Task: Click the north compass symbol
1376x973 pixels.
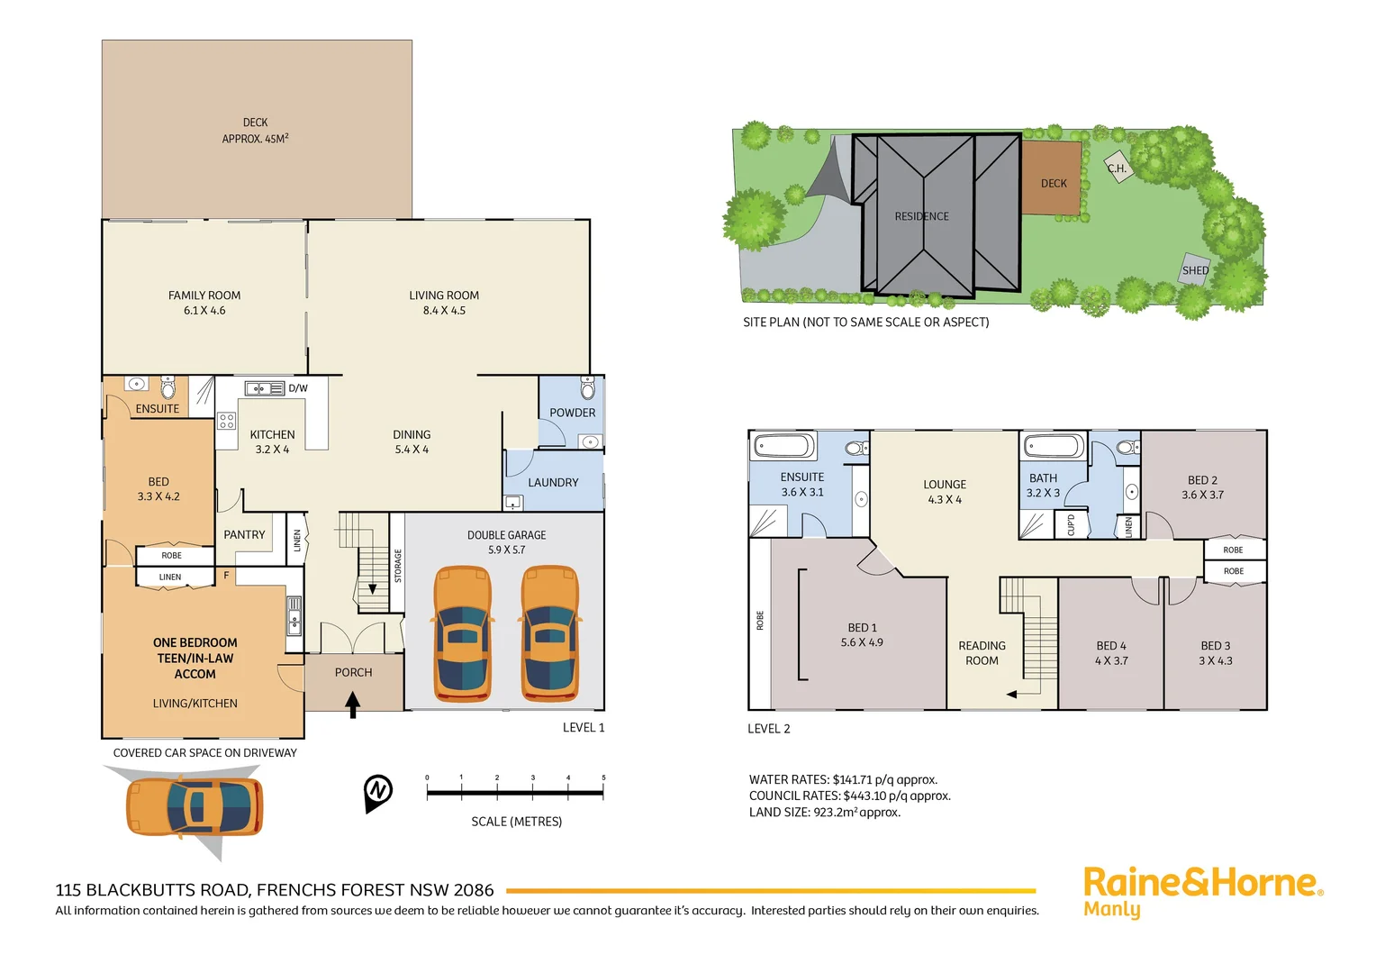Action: pyautogui.click(x=378, y=791)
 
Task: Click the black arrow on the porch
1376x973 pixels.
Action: pyautogui.click(x=353, y=704)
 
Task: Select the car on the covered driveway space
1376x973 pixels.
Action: pyautogui.click(x=195, y=806)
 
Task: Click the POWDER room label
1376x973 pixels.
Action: pyautogui.click(x=572, y=413)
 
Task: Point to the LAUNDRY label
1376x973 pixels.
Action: pyautogui.click(x=553, y=483)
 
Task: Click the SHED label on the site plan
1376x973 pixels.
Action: pyautogui.click(x=1195, y=270)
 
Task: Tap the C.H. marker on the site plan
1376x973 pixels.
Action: pyautogui.click(x=1117, y=168)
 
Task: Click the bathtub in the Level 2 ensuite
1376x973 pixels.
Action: pyautogui.click(x=784, y=446)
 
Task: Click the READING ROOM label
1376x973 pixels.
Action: pyautogui.click(x=982, y=653)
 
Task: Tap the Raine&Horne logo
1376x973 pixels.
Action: pyautogui.click(x=1202, y=890)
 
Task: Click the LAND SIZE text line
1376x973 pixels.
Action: pyautogui.click(x=824, y=813)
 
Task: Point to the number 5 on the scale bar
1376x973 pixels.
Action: pyautogui.click(x=603, y=777)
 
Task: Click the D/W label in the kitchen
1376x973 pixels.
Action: pyautogui.click(x=298, y=388)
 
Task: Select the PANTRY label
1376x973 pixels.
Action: pyautogui.click(x=244, y=534)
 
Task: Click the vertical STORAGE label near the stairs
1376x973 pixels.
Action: pyautogui.click(x=397, y=566)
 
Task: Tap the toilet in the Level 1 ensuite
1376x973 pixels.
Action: pyautogui.click(x=167, y=387)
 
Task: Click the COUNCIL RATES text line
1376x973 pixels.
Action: pyautogui.click(x=849, y=796)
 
